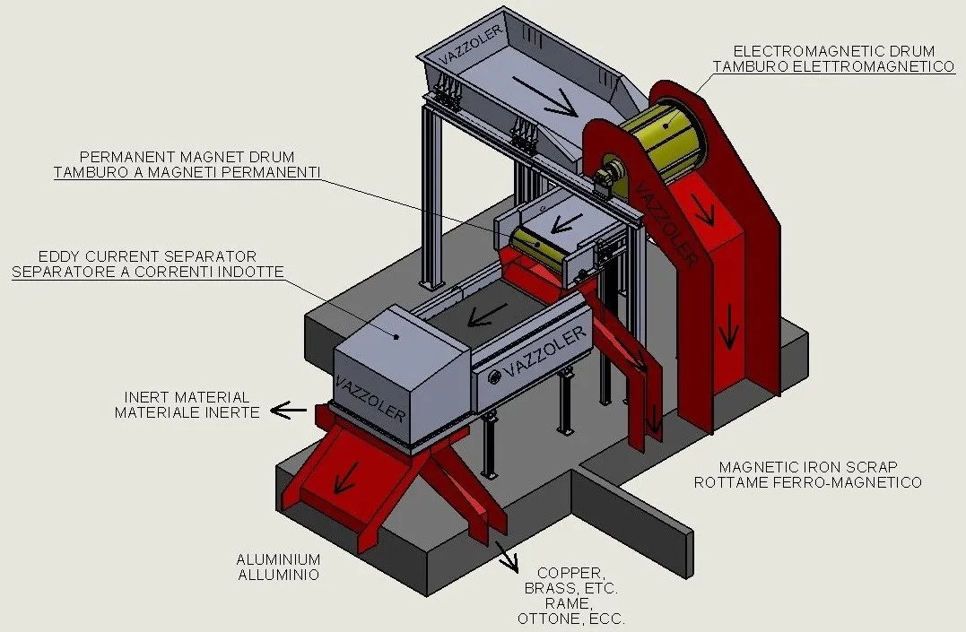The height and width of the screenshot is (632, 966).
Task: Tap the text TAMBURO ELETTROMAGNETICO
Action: click(833, 66)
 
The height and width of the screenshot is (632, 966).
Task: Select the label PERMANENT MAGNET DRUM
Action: click(187, 157)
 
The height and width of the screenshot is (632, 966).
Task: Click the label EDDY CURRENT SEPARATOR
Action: click(147, 256)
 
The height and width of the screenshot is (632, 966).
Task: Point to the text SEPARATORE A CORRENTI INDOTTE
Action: click(148, 272)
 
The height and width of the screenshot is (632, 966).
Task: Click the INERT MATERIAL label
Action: click(187, 397)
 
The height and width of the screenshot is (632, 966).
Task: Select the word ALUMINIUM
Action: click(278, 558)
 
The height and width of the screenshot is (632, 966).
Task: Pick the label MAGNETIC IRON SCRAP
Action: click(808, 467)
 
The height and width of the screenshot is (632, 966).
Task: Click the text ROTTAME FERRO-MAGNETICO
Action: click(807, 482)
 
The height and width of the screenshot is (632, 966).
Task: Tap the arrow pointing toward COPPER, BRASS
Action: click(509, 559)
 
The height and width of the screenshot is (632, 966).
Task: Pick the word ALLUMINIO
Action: click(278, 575)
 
